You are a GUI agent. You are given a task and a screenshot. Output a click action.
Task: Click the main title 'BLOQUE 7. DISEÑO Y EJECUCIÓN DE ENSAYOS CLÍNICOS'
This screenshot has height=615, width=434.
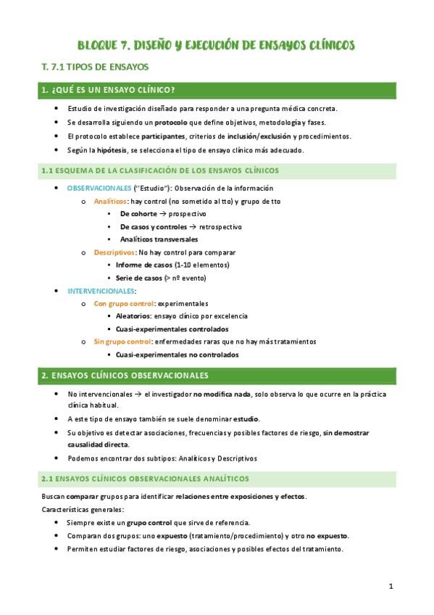click(x=217, y=46)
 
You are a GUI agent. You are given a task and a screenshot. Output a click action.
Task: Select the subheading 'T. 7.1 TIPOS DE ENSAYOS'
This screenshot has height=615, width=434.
click(x=95, y=67)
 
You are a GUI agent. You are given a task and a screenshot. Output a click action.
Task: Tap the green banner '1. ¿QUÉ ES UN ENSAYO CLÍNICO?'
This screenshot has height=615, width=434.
click(x=109, y=90)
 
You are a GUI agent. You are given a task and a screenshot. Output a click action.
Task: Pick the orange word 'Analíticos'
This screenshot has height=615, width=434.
click(x=110, y=201)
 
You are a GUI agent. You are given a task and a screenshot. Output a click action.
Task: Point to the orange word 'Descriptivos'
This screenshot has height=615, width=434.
click(x=114, y=252)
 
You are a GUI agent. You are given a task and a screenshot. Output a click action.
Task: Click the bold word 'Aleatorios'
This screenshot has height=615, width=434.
click(x=133, y=316)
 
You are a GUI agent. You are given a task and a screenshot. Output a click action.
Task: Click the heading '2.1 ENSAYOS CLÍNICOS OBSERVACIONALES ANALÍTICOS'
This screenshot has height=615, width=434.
click(x=146, y=479)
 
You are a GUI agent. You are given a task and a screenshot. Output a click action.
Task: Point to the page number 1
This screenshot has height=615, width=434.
click(x=391, y=586)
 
